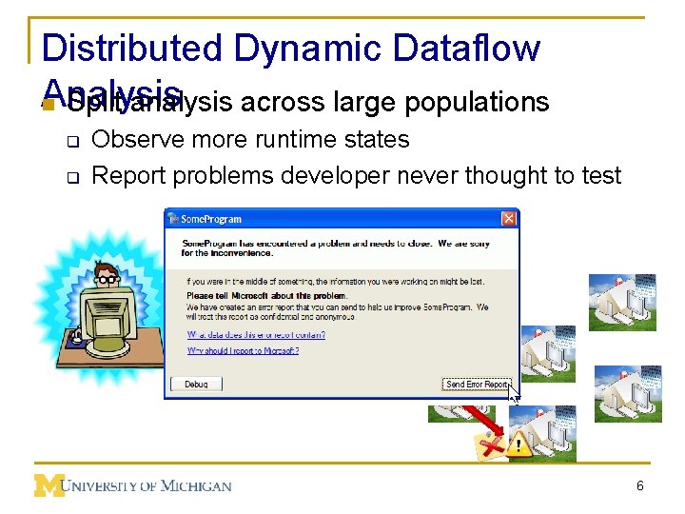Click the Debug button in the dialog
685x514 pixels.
tap(196, 384)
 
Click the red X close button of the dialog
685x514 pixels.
tap(508, 219)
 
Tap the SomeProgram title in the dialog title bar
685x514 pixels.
tap(211, 219)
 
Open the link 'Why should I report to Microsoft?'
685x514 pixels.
tap(243, 350)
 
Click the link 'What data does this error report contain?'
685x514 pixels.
tap(256, 334)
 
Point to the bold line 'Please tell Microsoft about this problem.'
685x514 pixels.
tap(253, 296)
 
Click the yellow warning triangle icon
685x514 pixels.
tap(519, 444)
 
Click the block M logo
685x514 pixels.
tap(49, 485)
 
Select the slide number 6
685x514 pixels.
tap(640, 486)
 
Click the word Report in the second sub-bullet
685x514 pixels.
tap(127, 175)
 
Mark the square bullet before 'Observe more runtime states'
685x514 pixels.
tap(71, 141)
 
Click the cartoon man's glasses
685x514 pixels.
tap(108, 280)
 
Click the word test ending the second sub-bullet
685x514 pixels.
tap(599, 175)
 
